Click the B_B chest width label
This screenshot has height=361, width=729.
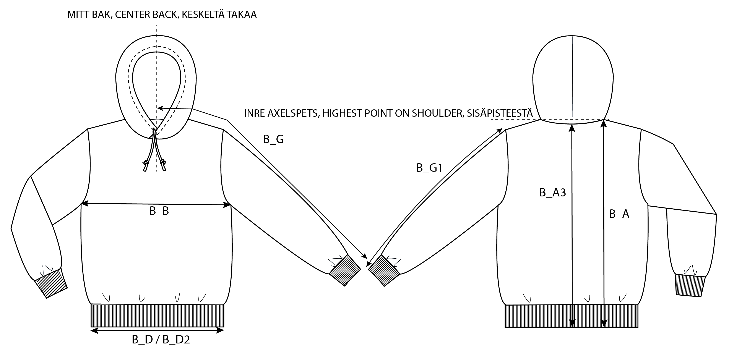[x=159, y=211]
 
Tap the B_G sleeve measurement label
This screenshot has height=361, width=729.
[x=273, y=139]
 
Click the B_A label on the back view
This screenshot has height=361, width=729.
[x=619, y=214]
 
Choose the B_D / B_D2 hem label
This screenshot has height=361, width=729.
[x=161, y=340]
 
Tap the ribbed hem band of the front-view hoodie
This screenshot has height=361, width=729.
[x=157, y=316]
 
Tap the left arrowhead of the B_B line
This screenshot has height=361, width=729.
[x=84, y=203]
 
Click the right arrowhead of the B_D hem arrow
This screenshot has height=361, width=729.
[x=221, y=330]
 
